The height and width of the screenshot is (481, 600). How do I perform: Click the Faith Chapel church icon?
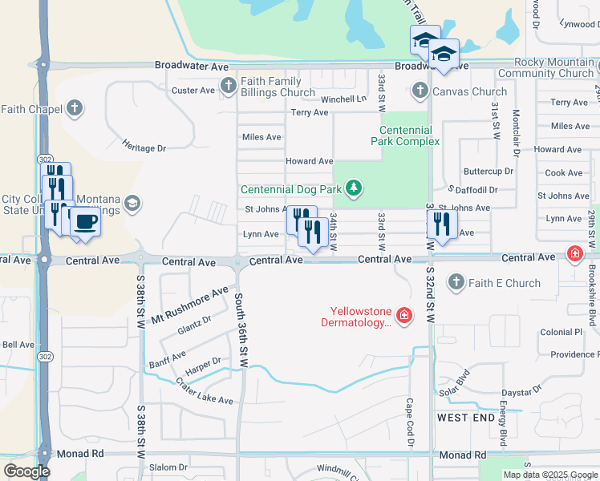[x=75, y=108]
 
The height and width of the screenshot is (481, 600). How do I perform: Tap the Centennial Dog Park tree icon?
[x=353, y=189]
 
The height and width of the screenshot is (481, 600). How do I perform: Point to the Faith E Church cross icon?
[x=456, y=282]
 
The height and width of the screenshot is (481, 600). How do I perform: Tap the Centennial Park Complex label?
[x=405, y=135]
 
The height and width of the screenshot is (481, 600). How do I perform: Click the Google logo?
[x=26, y=471]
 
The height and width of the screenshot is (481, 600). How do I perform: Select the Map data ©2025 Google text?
[x=549, y=475]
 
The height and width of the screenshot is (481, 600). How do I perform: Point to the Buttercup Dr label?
[x=489, y=172]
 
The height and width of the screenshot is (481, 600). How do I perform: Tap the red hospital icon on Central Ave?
[x=574, y=254]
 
